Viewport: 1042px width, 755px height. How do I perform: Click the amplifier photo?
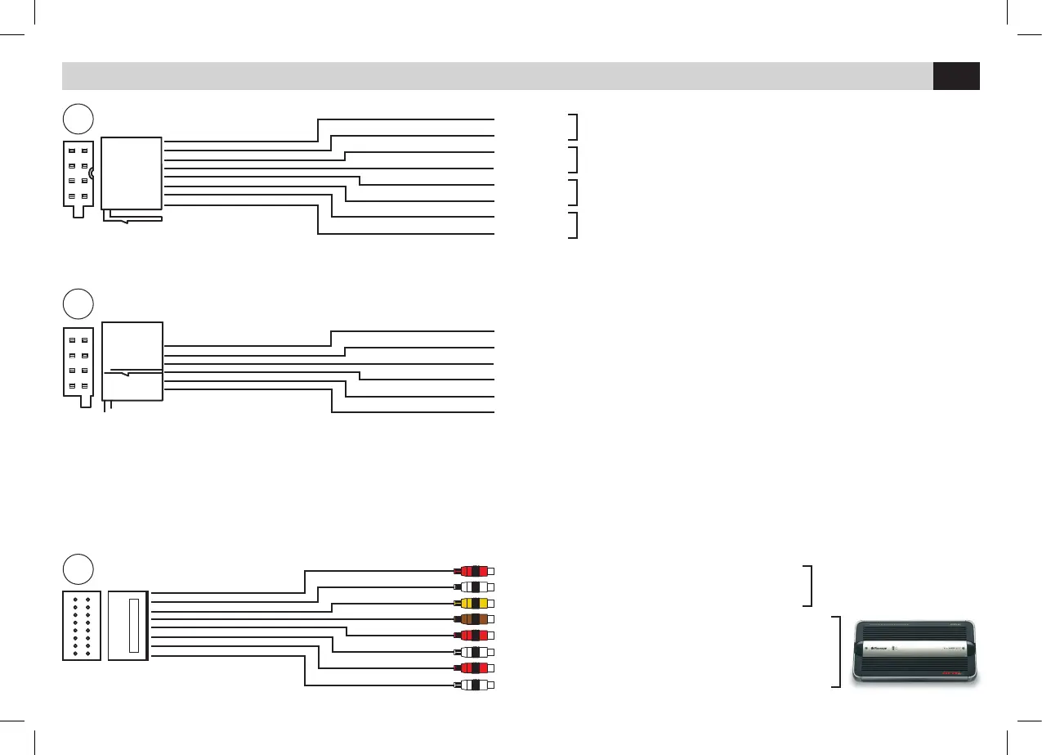pyautogui.click(x=915, y=651)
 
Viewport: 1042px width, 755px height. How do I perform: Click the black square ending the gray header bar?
pyautogui.click(x=956, y=76)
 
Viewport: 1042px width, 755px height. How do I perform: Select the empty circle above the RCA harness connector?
pyautogui.click(x=78, y=569)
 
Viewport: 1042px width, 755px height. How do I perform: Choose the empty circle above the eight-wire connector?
pyautogui.click(x=78, y=119)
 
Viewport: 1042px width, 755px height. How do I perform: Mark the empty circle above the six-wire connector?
pyautogui.click(x=78, y=303)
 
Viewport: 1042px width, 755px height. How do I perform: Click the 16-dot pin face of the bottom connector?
pyautogui.click(x=81, y=626)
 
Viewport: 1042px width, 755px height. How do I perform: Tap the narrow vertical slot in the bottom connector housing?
pyautogui.click(x=134, y=626)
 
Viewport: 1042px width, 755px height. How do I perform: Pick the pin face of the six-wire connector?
pyautogui.click(x=78, y=362)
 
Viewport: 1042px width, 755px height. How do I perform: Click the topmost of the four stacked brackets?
pyautogui.click(x=575, y=127)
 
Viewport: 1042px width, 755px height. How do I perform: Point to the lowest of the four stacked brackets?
pyautogui.click(x=575, y=225)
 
